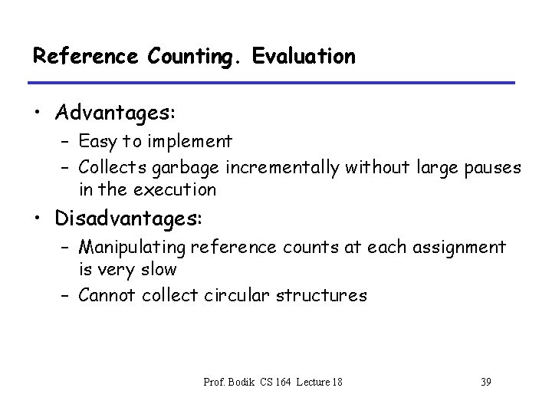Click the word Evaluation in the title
pyautogui.click(x=312, y=56)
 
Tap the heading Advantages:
pyautogui.click(x=115, y=113)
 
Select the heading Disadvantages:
pyautogui.click(x=128, y=219)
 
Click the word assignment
pyautogui.click(x=463, y=248)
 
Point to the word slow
pyautogui.click(x=159, y=269)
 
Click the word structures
pyautogui.click(x=324, y=294)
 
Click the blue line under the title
pyautogui.click(x=274, y=82)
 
